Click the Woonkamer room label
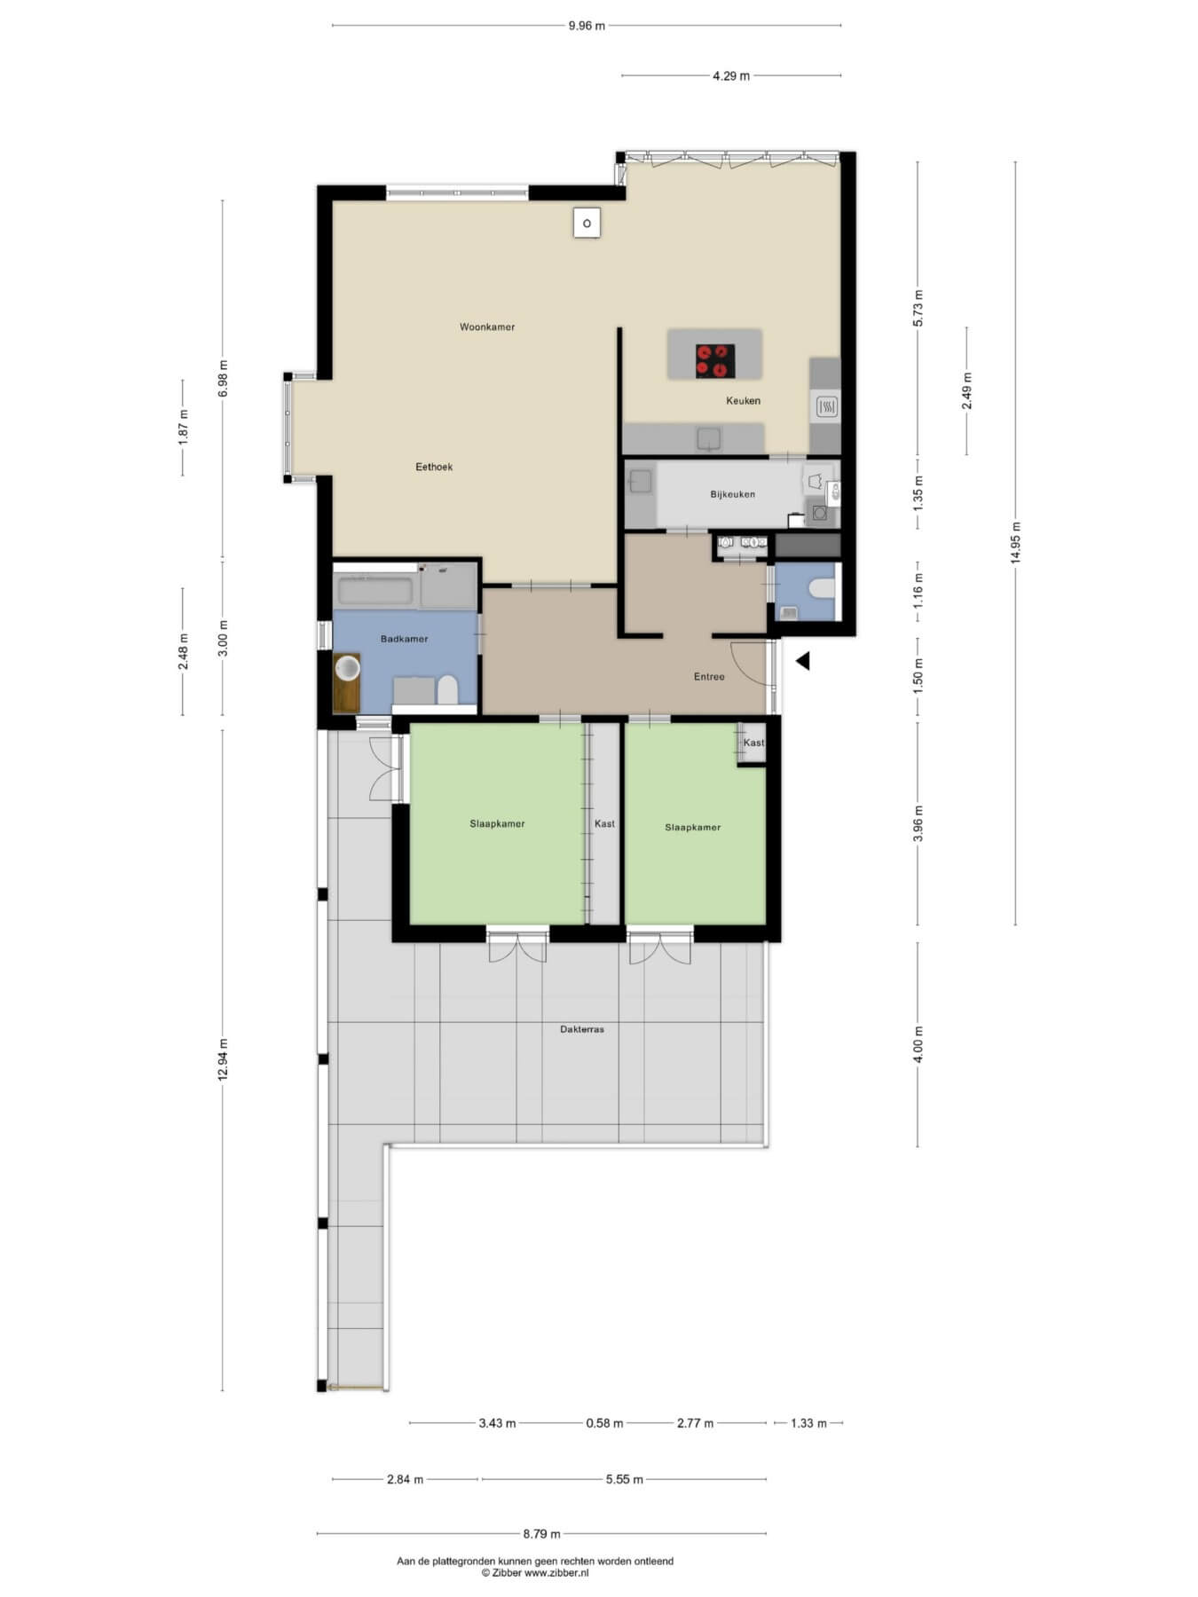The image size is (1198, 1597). [487, 327]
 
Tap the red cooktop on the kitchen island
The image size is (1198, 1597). [715, 360]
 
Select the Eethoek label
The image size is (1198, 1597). [434, 467]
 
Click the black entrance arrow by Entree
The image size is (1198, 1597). [802, 661]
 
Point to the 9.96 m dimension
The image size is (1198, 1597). [587, 26]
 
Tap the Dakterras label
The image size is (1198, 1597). [582, 1029]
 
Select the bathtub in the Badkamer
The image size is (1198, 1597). [374, 591]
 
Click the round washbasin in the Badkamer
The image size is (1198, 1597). [347, 667]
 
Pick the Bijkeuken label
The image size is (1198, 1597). [733, 494]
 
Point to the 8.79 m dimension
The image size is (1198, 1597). [541, 1533]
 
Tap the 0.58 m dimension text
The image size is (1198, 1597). [604, 1423]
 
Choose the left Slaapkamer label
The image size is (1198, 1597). [497, 823]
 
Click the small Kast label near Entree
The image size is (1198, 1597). [753, 743]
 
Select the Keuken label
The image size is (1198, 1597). [743, 401]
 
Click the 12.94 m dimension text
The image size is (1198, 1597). [223, 1059]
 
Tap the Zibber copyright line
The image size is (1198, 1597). [534, 1573]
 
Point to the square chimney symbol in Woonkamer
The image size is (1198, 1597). [587, 223]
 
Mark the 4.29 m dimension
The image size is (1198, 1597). [731, 76]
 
